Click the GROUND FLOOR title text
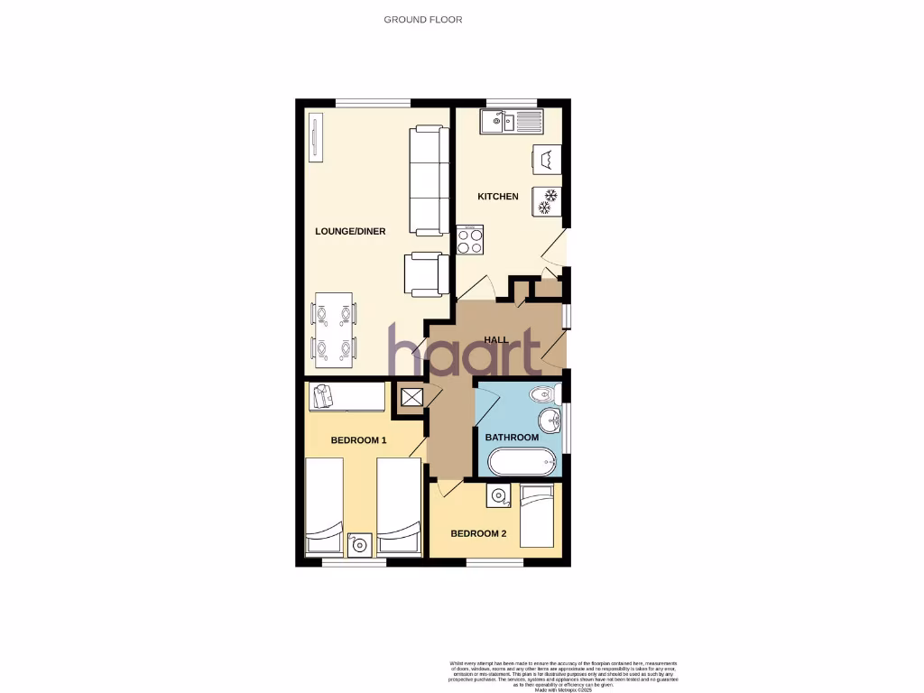point(422,19)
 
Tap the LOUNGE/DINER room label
point(350,232)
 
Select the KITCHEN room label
point(498,197)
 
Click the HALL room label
point(496,340)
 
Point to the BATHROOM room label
point(512,438)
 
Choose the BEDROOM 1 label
point(358,441)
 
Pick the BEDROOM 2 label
point(478,534)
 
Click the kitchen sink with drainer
point(511,121)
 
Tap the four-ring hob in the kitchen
point(469,240)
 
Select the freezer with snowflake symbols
point(548,200)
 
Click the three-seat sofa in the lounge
point(429,180)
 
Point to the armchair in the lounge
point(425,273)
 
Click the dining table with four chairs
point(333,330)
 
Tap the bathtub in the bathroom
point(523,463)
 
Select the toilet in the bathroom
point(545,394)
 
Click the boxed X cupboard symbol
point(411,397)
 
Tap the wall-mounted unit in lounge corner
point(315,138)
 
